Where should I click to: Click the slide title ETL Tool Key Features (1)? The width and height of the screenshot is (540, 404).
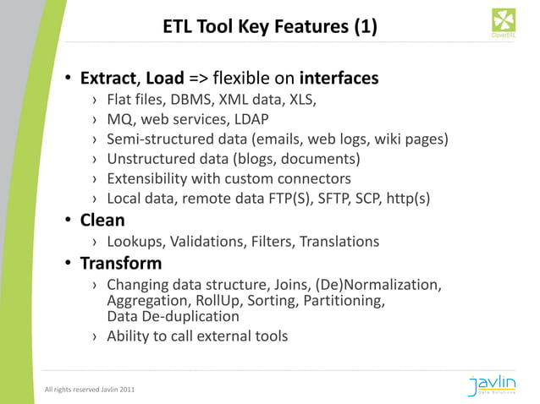click(270, 30)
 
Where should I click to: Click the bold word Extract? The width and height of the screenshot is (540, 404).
click(107, 79)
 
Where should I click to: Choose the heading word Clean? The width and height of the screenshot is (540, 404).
click(102, 221)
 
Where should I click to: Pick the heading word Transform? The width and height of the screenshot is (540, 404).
click(121, 263)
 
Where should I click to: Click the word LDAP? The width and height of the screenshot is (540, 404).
click(251, 119)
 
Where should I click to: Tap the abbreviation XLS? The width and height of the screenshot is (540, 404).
click(300, 100)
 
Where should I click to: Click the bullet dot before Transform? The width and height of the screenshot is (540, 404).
click(69, 264)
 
